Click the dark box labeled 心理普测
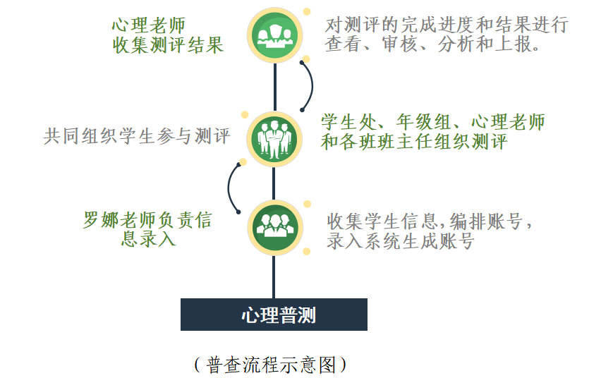tap(274, 315)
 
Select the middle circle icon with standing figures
tap(274, 134)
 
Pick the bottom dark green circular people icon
tap(274, 227)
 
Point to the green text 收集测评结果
tap(168, 45)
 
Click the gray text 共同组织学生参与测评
tap(137, 136)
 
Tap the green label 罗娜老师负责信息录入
tap(147, 229)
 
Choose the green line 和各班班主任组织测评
tap(414, 141)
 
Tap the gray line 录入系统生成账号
tap(400, 241)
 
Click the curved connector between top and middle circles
tap(309, 85)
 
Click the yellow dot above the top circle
tap(307, 11)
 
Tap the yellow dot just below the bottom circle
tap(307, 251)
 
